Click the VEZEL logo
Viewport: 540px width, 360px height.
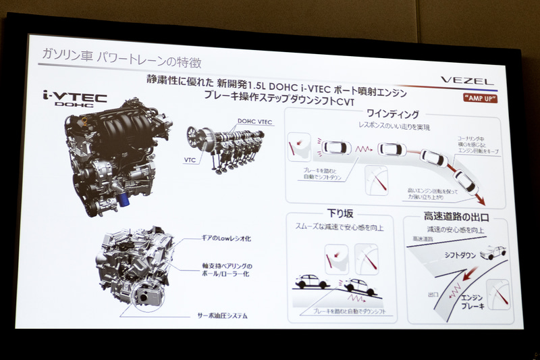[468, 80]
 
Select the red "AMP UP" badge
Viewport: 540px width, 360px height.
[481, 98]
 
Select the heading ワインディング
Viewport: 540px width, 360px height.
[394, 114]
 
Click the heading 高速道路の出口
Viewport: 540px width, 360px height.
[456, 217]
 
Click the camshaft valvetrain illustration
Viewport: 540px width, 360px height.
[223, 150]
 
